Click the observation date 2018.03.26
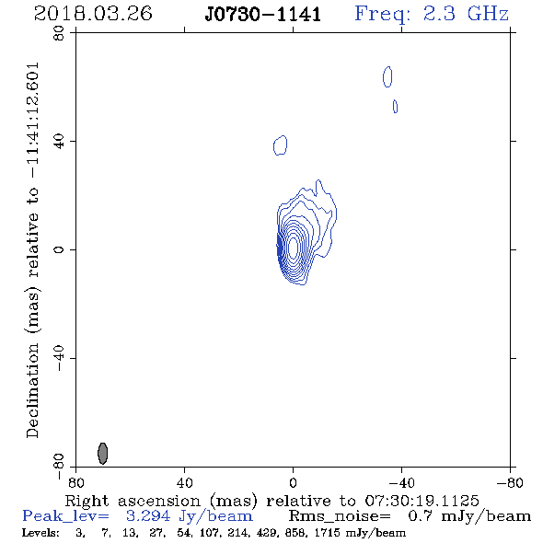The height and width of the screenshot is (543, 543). click(x=93, y=14)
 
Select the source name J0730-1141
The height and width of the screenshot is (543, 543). click(x=263, y=15)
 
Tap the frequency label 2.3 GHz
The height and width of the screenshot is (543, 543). click(x=466, y=14)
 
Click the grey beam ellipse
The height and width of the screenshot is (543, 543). click(x=103, y=454)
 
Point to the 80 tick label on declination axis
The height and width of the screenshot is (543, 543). click(x=59, y=33)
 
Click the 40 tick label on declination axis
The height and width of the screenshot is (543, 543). click(x=59, y=142)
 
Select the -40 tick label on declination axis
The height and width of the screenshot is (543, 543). click(x=59, y=358)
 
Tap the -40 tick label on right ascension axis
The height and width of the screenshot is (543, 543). click(x=401, y=482)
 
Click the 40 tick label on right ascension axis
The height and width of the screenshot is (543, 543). click(x=185, y=482)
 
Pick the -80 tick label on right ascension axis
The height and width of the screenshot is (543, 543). click(x=510, y=482)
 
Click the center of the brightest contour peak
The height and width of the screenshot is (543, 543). click(x=293, y=248)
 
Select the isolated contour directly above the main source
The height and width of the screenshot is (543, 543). click(x=280, y=145)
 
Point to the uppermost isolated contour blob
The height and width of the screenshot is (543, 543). click(x=387, y=77)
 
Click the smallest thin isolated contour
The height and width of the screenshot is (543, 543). click(x=395, y=107)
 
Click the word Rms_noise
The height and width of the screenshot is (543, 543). click(x=340, y=516)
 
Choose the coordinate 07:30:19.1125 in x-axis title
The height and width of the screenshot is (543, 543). click(x=422, y=501)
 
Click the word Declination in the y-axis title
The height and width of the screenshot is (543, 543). click(x=32, y=390)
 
